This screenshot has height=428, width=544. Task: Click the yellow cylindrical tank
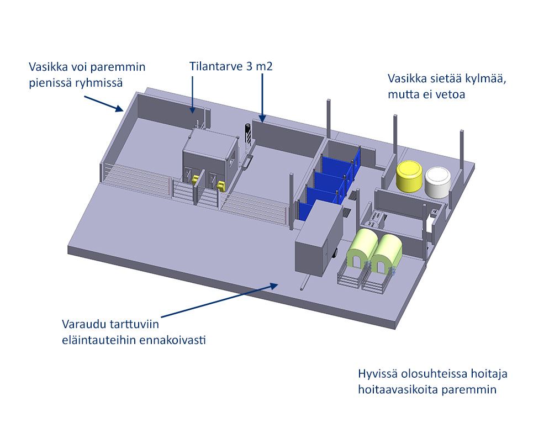point(409,176)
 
